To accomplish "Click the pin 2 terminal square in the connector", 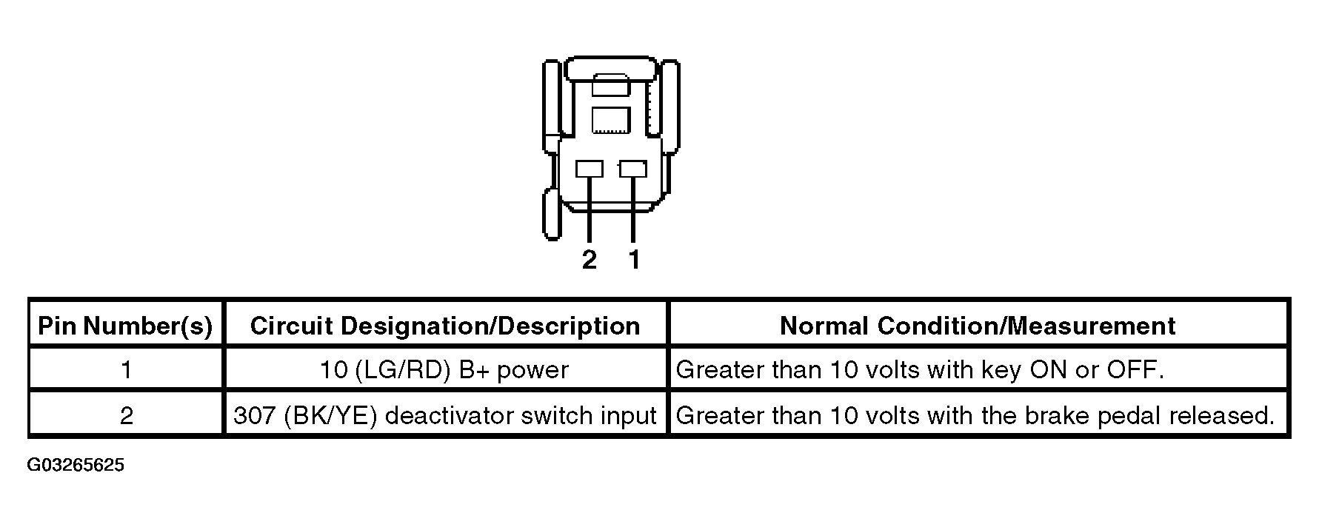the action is click(590, 169).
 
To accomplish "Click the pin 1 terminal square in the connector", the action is click(633, 169).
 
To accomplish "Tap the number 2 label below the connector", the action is click(590, 260).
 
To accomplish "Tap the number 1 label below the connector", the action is click(634, 260).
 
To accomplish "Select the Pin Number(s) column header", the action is click(125, 326).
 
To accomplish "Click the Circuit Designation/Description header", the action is click(445, 326).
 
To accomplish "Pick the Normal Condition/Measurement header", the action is click(978, 326).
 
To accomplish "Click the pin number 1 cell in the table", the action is click(127, 369).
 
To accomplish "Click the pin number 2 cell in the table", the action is click(127, 415).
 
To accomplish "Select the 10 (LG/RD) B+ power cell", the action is click(444, 369).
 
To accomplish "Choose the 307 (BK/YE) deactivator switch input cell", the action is click(445, 415).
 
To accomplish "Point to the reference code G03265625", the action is click(76, 466).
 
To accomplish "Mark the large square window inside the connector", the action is click(611, 121).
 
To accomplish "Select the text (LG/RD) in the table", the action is click(403, 369).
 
